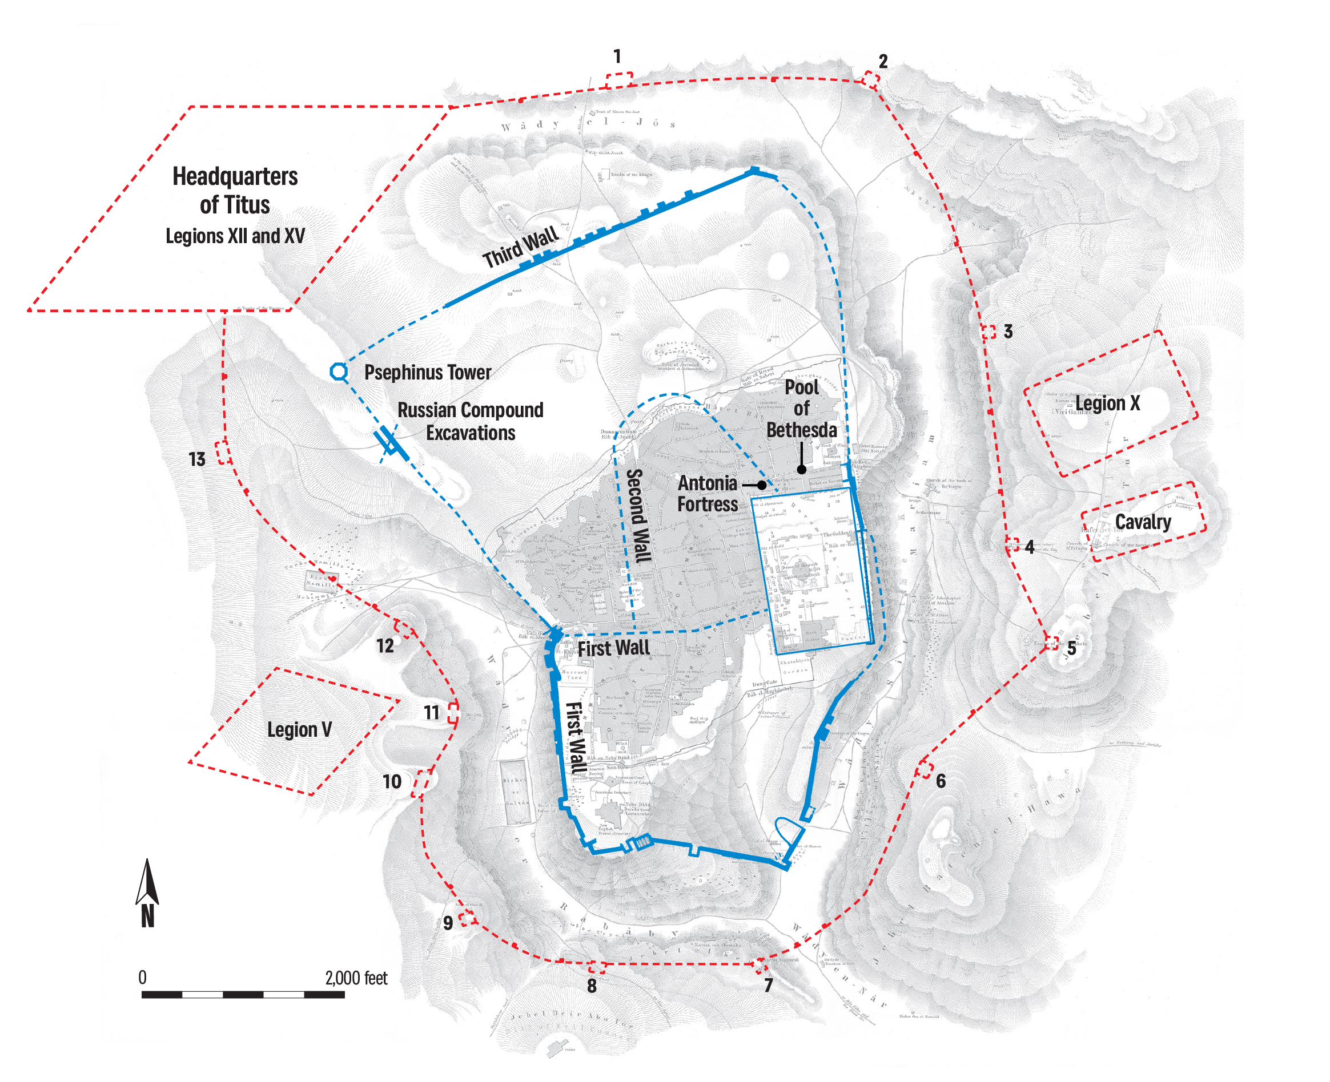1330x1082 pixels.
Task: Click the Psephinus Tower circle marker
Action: point(339,372)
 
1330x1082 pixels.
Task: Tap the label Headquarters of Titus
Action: point(235,191)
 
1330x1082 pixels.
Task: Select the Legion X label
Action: point(1107,403)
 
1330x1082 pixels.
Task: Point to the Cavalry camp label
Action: point(1143,522)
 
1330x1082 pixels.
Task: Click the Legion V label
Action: point(299,729)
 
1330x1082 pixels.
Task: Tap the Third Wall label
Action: point(520,248)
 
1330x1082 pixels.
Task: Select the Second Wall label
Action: point(638,516)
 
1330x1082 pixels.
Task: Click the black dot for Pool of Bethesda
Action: point(802,469)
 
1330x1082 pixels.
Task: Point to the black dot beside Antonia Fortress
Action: point(761,485)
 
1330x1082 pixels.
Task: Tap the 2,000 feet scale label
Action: point(356,978)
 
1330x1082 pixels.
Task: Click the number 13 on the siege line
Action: point(197,459)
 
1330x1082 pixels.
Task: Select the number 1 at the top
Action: point(617,56)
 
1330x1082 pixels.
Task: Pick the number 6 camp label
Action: point(941,780)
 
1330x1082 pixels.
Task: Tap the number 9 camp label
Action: point(448,923)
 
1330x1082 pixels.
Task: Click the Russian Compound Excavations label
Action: point(470,421)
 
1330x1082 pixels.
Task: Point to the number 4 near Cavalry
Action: point(1030,547)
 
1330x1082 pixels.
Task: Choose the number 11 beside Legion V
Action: point(432,712)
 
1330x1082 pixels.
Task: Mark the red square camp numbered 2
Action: point(870,80)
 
